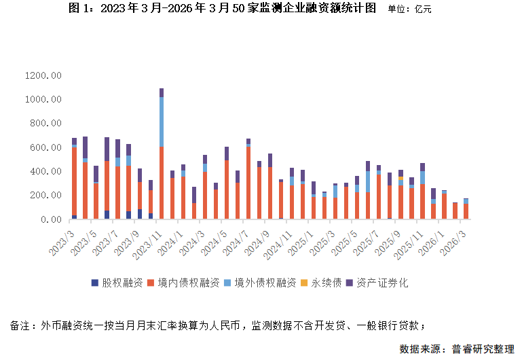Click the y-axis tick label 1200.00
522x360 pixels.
coord(43,75)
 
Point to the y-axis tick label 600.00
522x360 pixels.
coord(46,147)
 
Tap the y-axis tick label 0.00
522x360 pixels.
coord(52,219)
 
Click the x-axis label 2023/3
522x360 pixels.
coord(63,238)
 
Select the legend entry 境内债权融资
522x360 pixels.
coord(188,282)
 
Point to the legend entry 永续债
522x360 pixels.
coord(323,282)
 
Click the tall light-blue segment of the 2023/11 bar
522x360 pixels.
coord(161,122)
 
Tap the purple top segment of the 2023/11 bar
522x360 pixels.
coord(161,92)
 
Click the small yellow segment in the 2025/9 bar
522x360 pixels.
coord(401,179)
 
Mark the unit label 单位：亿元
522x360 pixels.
coord(409,10)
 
